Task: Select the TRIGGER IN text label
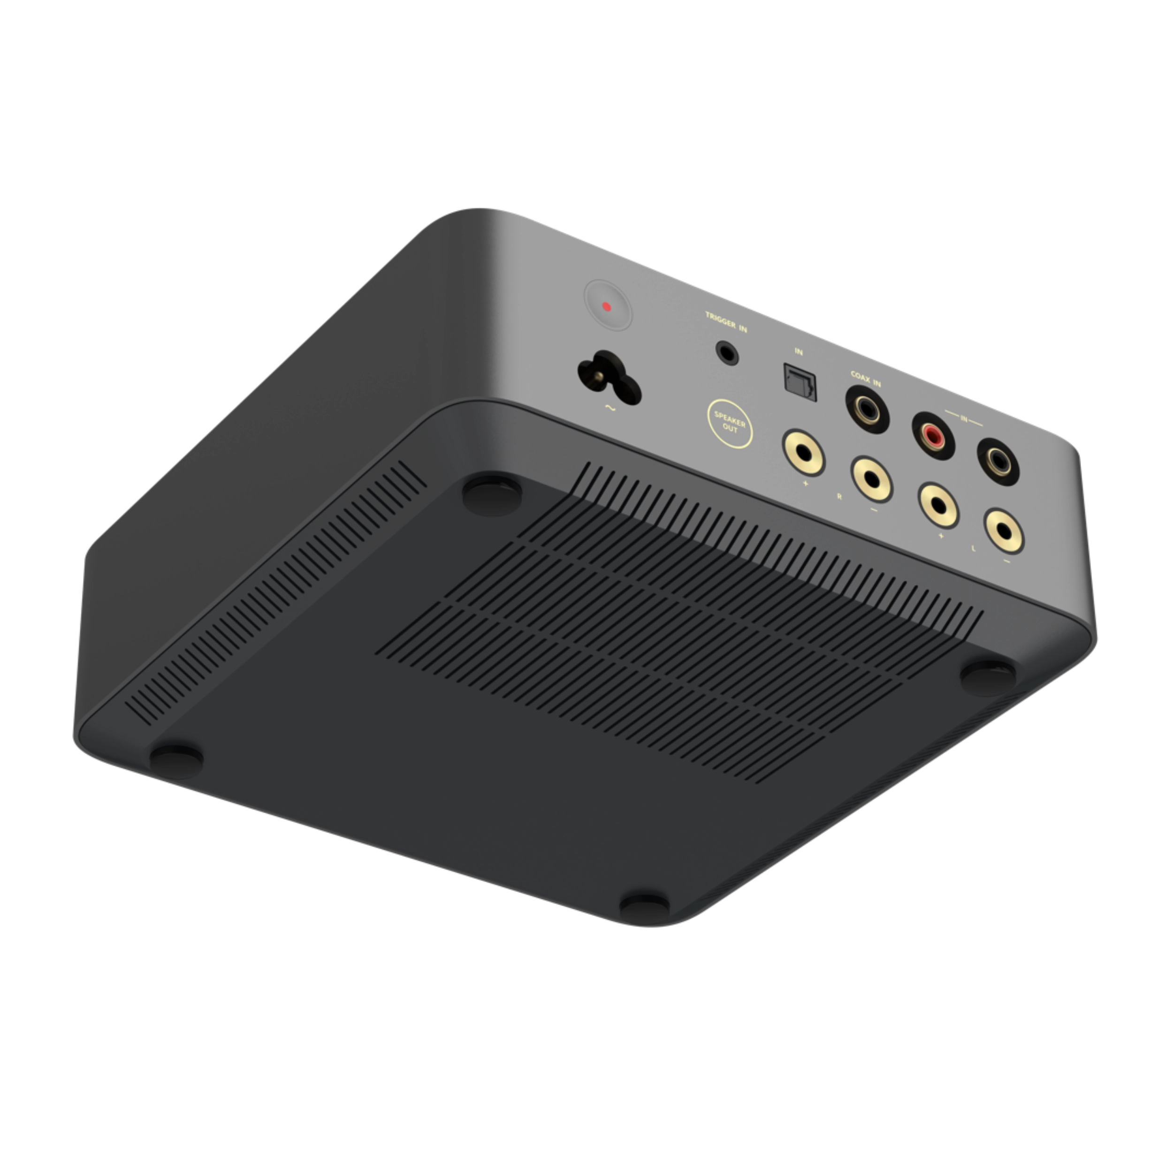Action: pyautogui.click(x=726, y=322)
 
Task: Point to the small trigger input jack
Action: pyautogui.click(x=727, y=352)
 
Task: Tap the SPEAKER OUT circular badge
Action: pyautogui.click(x=730, y=423)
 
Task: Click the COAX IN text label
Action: pyautogui.click(x=865, y=379)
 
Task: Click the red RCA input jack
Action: pyautogui.click(x=933, y=435)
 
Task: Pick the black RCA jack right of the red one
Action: pyautogui.click(x=998, y=461)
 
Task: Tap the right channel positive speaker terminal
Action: pyautogui.click(x=803, y=452)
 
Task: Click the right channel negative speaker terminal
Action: pyautogui.click(x=871, y=479)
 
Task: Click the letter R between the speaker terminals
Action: pyautogui.click(x=840, y=496)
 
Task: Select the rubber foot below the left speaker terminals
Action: pyautogui.click(x=988, y=677)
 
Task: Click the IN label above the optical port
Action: pyautogui.click(x=799, y=351)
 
